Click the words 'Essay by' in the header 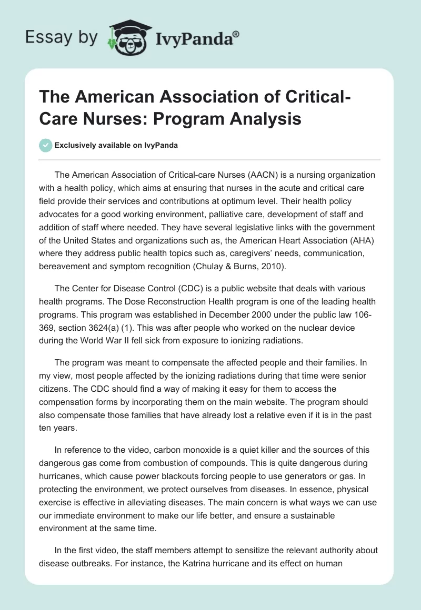click(62, 37)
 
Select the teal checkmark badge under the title click(46, 145)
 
